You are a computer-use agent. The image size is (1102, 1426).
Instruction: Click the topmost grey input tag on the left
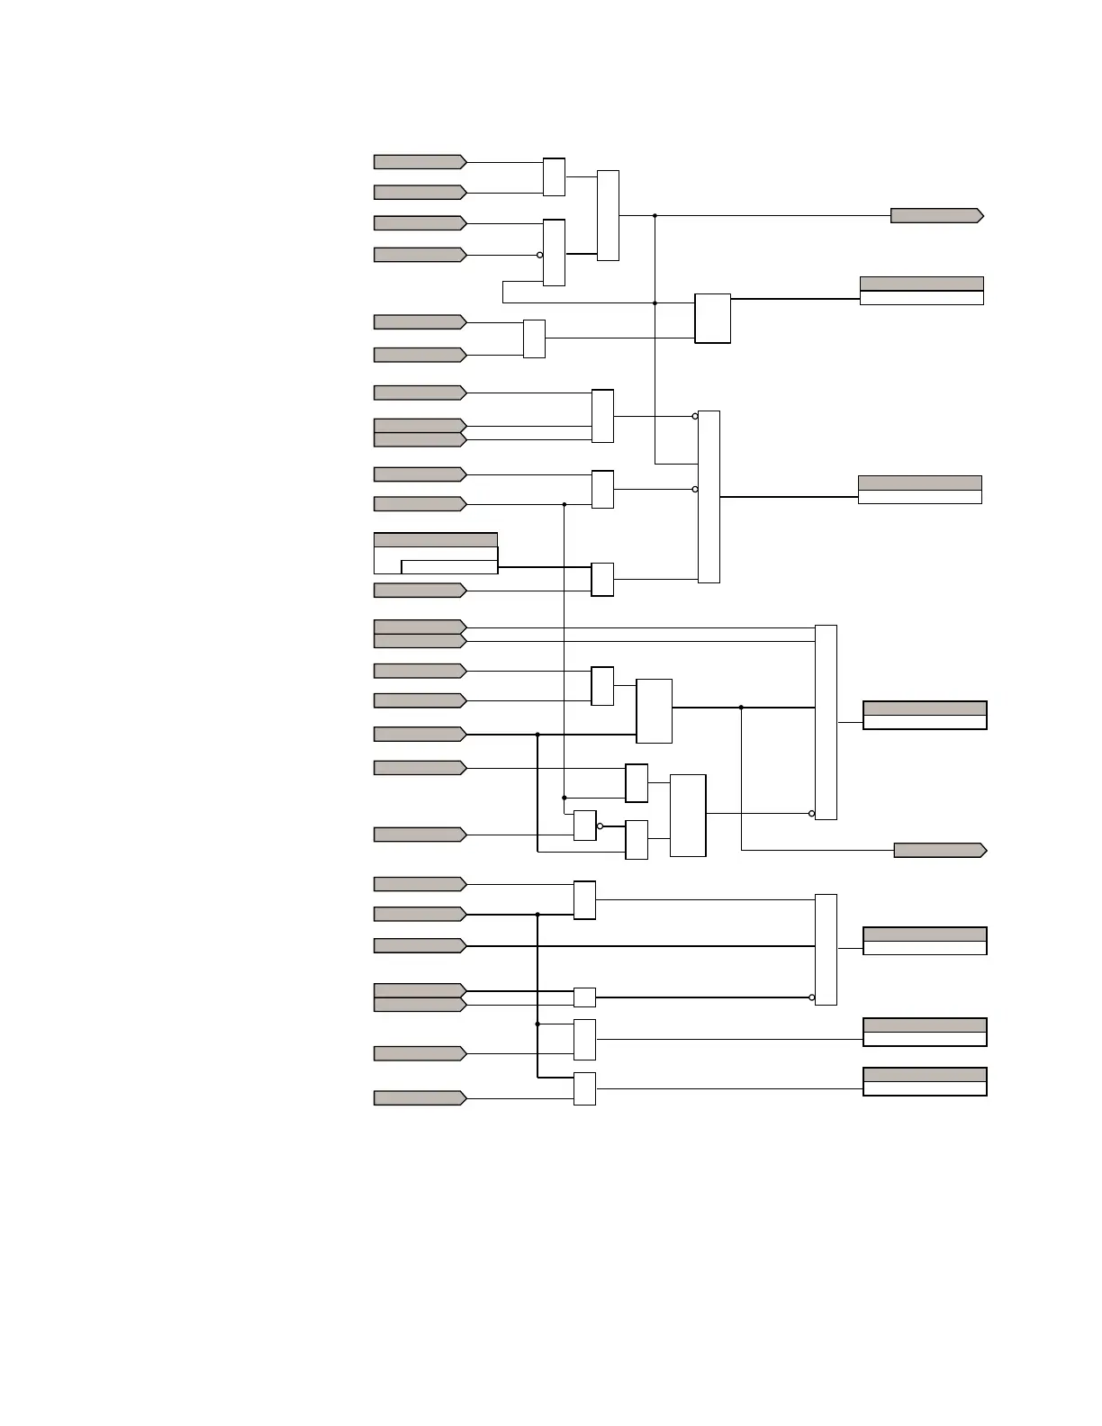tap(420, 162)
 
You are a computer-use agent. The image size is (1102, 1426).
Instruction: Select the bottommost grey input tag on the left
tap(420, 1098)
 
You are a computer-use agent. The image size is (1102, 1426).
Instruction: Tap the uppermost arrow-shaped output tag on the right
tap(936, 216)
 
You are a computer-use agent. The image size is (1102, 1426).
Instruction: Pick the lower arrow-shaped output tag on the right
tap(940, 851)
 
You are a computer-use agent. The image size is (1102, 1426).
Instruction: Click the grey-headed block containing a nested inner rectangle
tap(436, 554)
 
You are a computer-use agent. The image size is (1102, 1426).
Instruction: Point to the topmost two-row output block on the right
tap(921, 291)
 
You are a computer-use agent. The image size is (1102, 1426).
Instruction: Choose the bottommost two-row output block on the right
tap(925, 1081)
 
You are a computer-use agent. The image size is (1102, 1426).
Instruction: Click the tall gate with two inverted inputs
tap(709, 497)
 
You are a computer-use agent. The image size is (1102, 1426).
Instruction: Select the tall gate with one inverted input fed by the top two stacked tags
tap(826, 722)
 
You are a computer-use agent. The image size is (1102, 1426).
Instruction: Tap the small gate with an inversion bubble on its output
tap(584, 826)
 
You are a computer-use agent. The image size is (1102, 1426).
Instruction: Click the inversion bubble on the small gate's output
tap(600, 826)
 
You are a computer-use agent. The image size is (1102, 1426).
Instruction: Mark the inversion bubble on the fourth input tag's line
tap(540, 255)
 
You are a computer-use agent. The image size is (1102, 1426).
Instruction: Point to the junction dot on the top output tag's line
tap(655, 216)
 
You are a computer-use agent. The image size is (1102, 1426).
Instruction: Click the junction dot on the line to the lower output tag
tap(741, 708)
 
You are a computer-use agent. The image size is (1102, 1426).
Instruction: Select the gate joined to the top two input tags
tap(554, 177)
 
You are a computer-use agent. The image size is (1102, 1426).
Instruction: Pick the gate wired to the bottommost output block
tap(584, 1088)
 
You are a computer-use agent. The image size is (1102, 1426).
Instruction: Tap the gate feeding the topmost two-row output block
tap(712, 319)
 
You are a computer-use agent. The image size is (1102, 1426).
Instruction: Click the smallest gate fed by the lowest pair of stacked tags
tap(584, 997)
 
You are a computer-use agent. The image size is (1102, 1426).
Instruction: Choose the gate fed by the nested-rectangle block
tap(602, 580)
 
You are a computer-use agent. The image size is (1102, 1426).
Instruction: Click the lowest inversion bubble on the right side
tap(812, 997)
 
